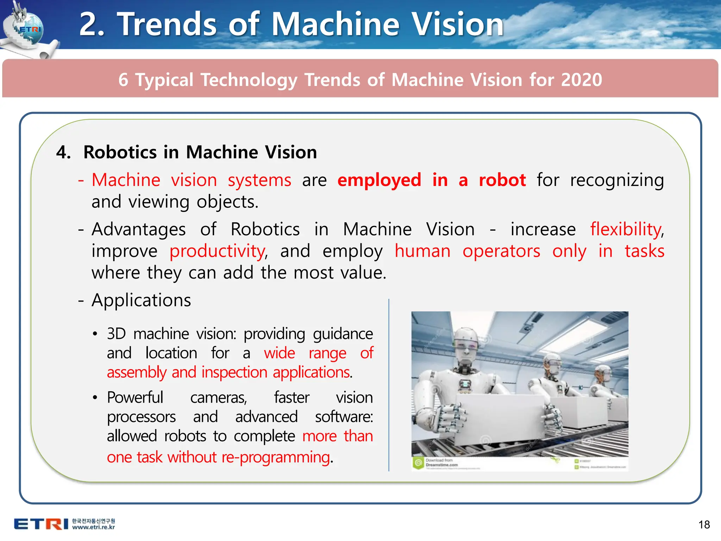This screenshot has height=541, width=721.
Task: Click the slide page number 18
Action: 704,525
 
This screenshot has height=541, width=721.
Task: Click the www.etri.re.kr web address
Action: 94,527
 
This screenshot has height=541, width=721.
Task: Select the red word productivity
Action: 218,251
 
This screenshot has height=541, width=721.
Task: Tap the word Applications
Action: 141,300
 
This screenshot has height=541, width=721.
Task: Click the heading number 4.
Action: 63,153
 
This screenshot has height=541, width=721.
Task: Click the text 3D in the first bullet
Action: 116,334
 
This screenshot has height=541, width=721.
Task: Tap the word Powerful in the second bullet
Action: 135,398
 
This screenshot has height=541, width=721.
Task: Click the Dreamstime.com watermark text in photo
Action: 441,465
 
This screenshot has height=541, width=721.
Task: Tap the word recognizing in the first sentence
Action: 617,180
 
